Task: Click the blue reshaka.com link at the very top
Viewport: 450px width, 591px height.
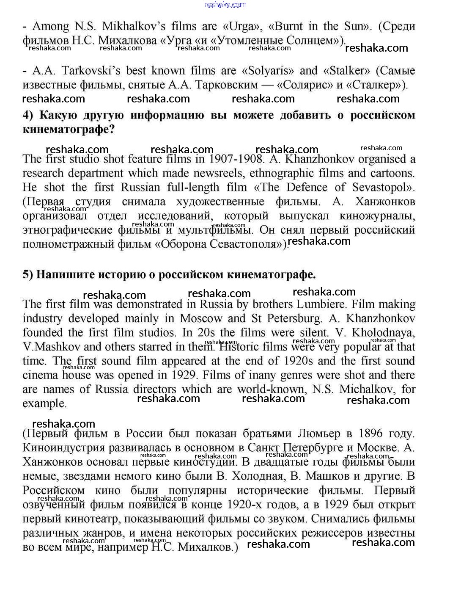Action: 225,5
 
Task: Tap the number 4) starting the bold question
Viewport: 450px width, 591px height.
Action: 27,116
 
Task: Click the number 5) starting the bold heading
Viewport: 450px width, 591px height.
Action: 27,275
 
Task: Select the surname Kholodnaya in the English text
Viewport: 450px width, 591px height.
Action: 383,332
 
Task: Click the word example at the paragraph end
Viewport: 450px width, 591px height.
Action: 44,403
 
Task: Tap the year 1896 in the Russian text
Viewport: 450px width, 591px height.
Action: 370,434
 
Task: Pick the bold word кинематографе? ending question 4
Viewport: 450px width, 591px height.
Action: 69,130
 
